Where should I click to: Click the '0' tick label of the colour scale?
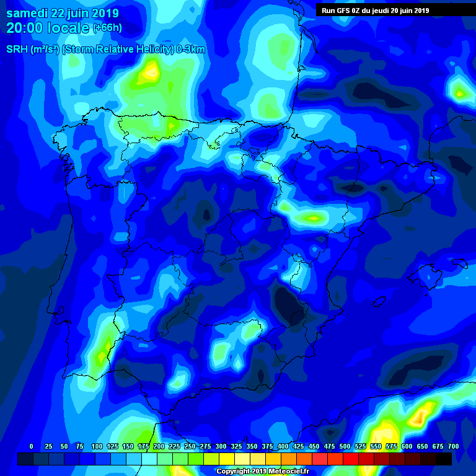(31, 446)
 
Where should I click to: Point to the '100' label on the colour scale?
(96, 446)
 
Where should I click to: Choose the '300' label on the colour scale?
(221, 446)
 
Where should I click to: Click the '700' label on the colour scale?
(454, 446)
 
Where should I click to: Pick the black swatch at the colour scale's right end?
(444, 459)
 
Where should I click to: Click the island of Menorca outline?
(459, 263)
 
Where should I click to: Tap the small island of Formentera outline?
(377, 302)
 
